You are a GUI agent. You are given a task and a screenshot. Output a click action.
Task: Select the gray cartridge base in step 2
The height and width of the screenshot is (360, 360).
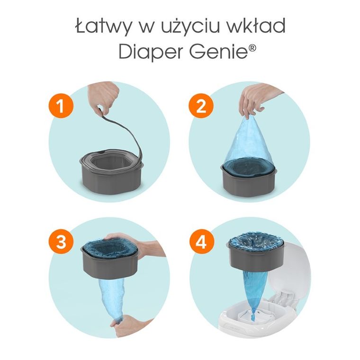(x=250, y=180)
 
